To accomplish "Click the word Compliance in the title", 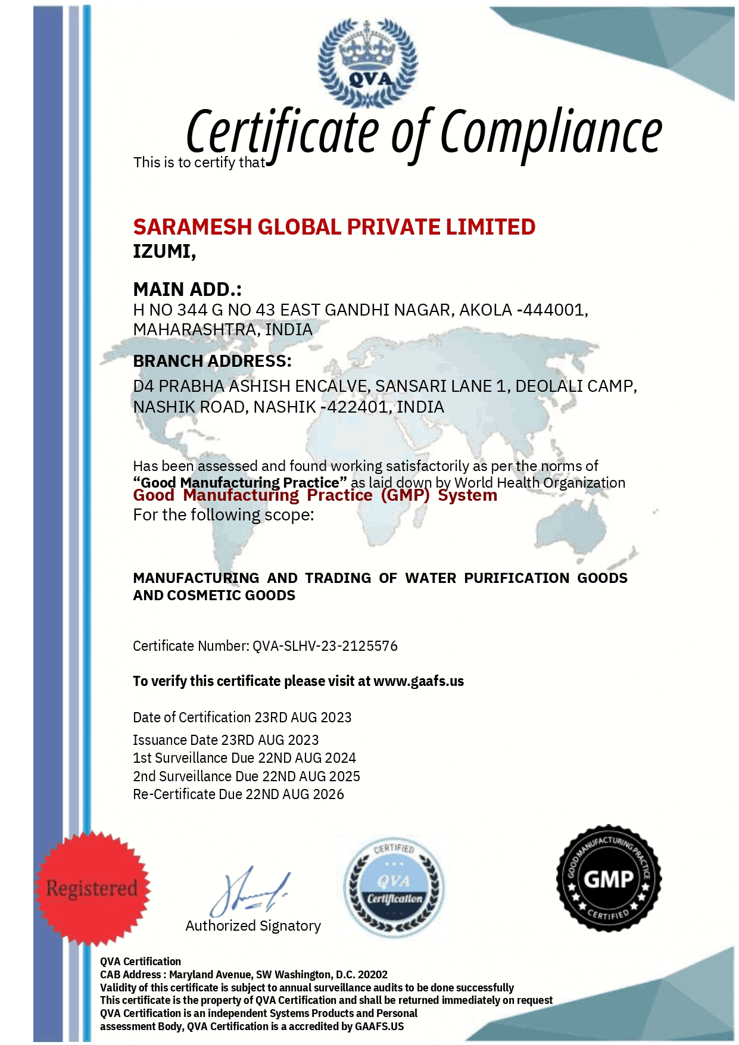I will pyautogui.click(x=551, y=132).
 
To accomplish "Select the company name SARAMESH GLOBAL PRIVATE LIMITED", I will pyautogui.click(x=334, y=227).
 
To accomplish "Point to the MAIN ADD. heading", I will pyautogui.click(x=187, y=289).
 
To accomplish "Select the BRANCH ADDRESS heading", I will pyautogui.click(x=212, y=361).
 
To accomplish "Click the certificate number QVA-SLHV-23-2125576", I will pyautogui.click(x=325, y=646).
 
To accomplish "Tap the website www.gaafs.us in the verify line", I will pyautogui.click(x=418, y=681).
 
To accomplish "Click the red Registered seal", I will pyautogui.click(x=92, y=888).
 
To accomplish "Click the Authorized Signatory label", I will pyautogui.click(x=253, y=926).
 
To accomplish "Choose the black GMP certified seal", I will pyautogui.click(x=608, y=878).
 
